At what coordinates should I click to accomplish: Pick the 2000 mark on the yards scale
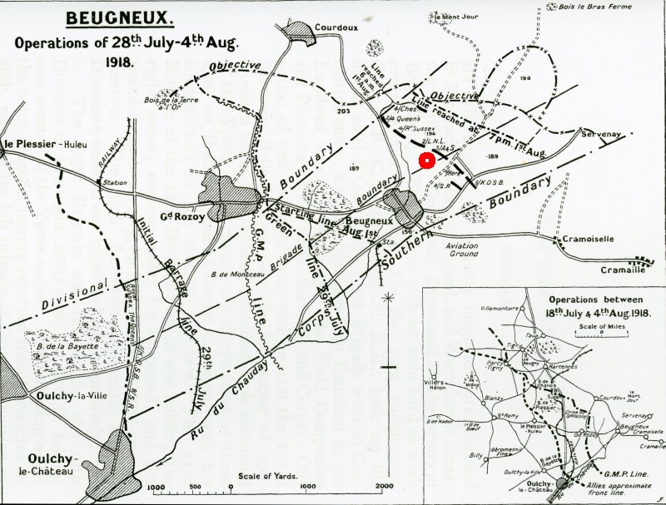[384, 486]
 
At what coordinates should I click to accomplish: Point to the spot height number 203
[344, 111]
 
